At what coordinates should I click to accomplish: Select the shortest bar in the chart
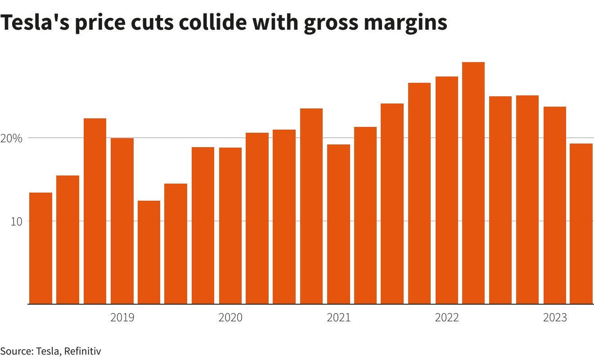[149, 252]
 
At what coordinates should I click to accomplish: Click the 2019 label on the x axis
[122, 318]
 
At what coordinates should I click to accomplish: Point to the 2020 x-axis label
[230, 318]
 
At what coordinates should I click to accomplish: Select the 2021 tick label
[338, 318]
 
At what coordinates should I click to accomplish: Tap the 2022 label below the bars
[447, 318]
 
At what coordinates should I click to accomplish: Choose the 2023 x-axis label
[555, 318]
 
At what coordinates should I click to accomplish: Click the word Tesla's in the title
[34, 22]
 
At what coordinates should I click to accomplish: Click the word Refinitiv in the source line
[82, 351]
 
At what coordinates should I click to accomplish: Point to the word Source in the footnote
[15, 351]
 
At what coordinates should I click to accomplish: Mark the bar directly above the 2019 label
[122, 221]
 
